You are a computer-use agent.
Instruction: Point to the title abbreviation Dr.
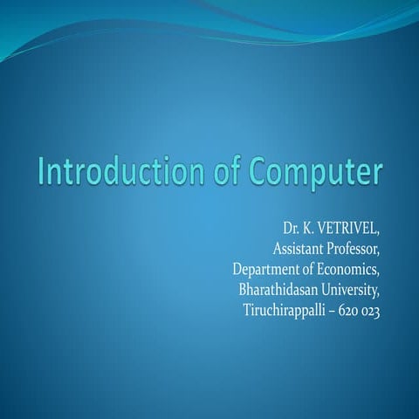[x=290, y=230]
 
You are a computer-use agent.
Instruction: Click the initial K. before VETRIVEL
[x=308, y=230]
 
